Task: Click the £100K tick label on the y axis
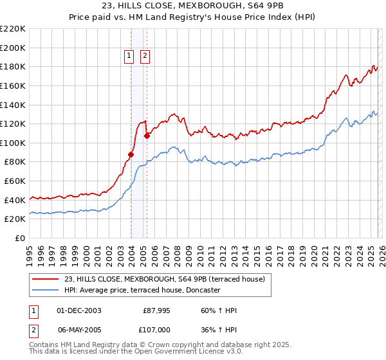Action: coord(13,143)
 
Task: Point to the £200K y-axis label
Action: coord(13,48)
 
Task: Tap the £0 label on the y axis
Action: coord(19,238)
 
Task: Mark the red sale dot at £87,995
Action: coord(131,154)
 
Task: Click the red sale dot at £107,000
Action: coord(147,136)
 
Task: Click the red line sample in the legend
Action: coord(46,278)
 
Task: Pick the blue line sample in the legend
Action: coord(46,290)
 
